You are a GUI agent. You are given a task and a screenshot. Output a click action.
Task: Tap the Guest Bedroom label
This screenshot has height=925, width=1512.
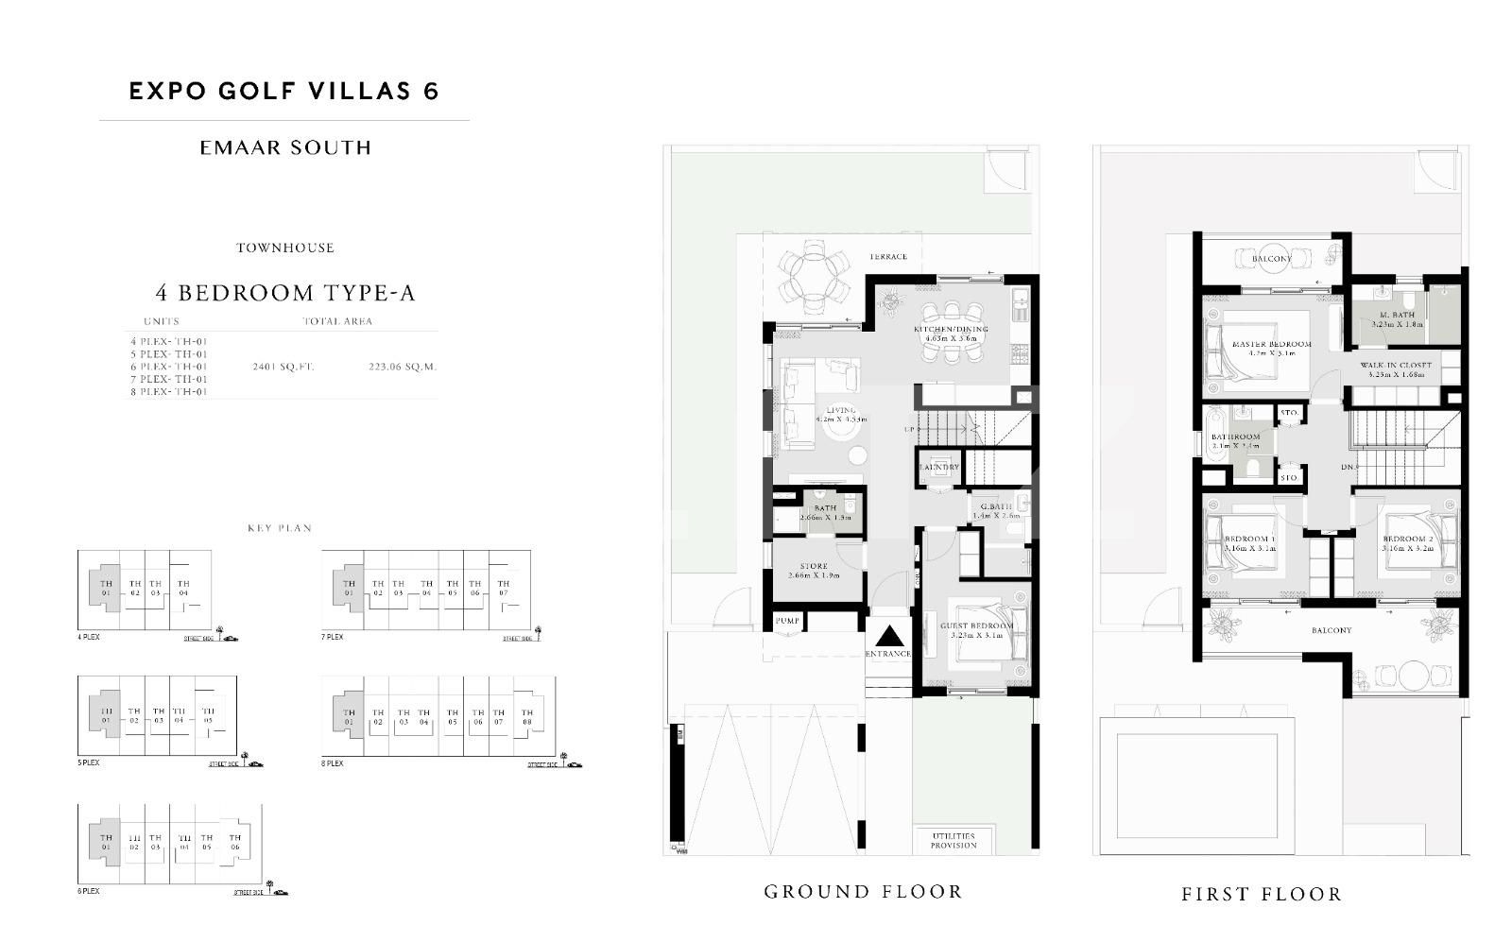coord(976,626)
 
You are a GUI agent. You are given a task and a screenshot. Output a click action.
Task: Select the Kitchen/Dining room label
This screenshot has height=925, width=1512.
coord(950,330)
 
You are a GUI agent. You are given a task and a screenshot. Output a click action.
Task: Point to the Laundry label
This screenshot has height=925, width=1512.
coord(938,467)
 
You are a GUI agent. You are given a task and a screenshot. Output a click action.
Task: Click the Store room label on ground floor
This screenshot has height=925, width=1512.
coord(814,567)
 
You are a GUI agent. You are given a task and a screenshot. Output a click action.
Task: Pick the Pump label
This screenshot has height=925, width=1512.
coord(787,621)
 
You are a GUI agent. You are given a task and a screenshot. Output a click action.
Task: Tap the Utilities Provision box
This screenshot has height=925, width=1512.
coord(954,840)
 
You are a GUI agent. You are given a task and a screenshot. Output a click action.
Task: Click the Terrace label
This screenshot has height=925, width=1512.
coord(888,256)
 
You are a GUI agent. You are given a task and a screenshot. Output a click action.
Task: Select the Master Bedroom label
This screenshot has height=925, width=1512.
coord(1271,345)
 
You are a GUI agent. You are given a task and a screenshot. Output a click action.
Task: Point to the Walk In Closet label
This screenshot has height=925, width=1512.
coord(1396,365)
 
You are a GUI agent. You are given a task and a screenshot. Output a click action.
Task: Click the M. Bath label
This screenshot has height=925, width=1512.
coord(1396,315)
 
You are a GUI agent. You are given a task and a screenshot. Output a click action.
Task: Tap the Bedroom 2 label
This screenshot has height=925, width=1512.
coord(1407,540)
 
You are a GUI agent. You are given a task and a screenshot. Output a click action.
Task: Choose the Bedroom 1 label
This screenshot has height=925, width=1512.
coord(1249,540)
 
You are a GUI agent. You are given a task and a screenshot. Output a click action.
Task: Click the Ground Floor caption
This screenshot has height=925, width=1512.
coord(863,891)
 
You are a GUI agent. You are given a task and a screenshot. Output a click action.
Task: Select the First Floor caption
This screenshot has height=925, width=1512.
coord(1262,894)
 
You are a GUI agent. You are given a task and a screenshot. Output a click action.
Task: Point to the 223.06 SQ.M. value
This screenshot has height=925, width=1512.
coord(403,367)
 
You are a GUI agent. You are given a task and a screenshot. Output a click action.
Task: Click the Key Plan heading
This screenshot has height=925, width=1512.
coord(280,528)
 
